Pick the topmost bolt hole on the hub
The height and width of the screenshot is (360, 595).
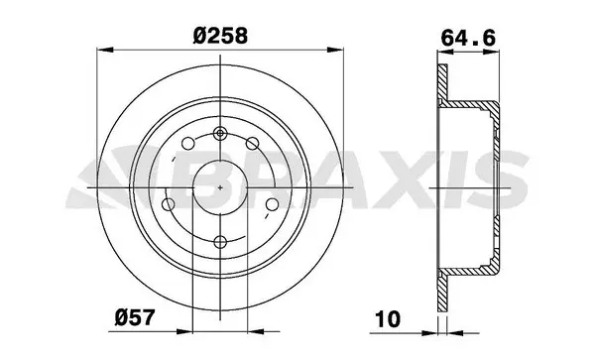tap(220, 133)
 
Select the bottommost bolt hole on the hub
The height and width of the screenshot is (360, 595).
tap(220, 241)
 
